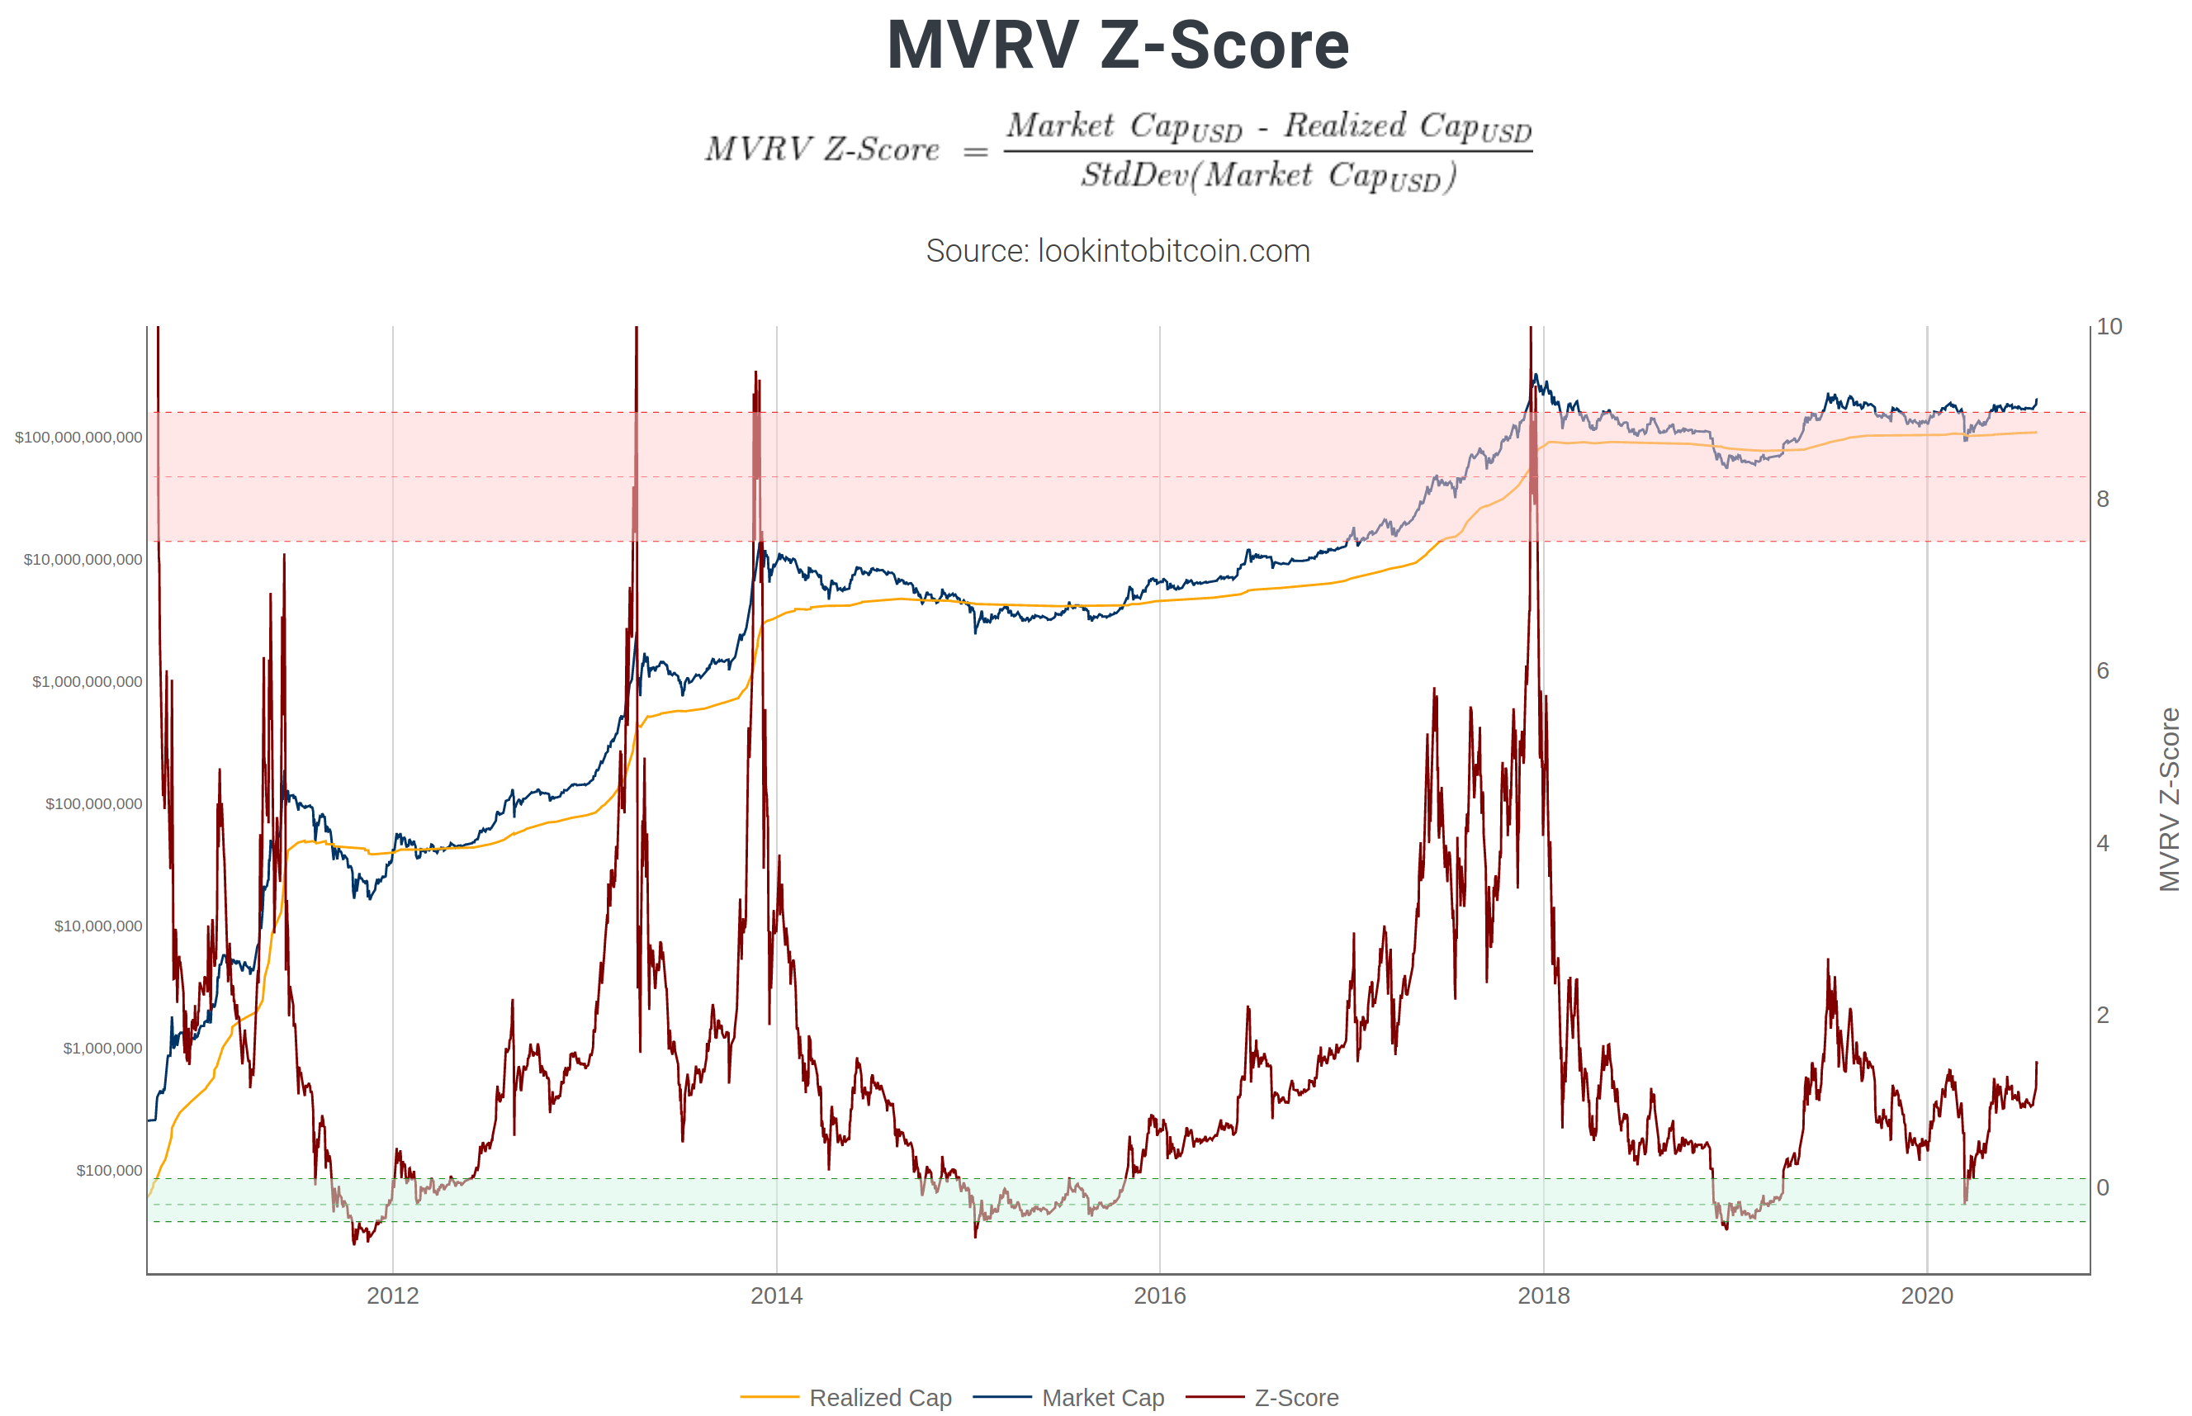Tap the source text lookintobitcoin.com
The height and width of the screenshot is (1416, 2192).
click(x=1117, y=251)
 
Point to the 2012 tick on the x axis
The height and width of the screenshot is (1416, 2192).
click(x=393, y=1295)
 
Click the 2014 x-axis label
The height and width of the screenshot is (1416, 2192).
click(x=776, y=1295)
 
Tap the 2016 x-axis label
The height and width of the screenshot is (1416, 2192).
click(x=1159, y=1295)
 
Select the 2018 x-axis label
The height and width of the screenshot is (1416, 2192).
click(x=1543, y=1295)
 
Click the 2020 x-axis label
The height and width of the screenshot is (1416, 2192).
click(x=1926, y=1295)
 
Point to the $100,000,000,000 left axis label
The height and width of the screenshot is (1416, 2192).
click(x=78, y=438)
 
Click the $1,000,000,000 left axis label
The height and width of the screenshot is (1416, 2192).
click(x=88, y=682)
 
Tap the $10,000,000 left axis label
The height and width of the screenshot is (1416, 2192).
click(x=98, y=926)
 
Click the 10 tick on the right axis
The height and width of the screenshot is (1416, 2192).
click(x=2109, y=327)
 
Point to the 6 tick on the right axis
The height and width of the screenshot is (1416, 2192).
click(x=2103, y=671)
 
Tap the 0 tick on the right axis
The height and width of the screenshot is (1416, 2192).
click(x=2103, y=1187)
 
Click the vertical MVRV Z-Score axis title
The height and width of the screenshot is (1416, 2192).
click(x=2170, y=799)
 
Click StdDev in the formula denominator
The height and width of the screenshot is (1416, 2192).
click(x=1134, y=175)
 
